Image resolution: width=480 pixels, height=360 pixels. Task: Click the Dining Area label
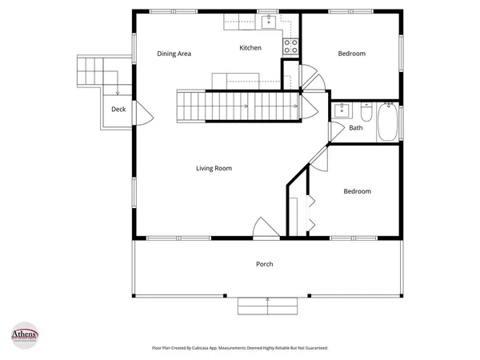[174, 54]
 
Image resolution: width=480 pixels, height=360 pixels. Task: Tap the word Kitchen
[250, 48]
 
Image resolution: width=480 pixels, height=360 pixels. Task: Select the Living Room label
[214, 168]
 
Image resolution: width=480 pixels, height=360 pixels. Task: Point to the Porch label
[264, 264]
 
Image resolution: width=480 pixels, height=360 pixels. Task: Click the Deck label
[118, 110]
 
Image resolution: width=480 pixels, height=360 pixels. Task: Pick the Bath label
[355, 127]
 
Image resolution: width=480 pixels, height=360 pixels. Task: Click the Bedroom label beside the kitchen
[351, 54]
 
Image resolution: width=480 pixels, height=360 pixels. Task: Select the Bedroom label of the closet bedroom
[357, 191]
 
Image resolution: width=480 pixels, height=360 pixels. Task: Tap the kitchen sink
[269, 20]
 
